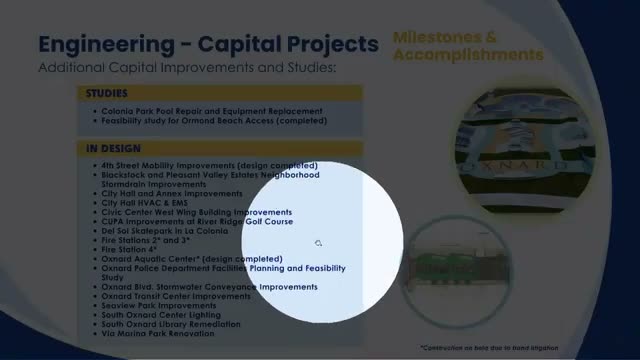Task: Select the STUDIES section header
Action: (x=107, y=94)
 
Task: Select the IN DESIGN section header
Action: (x=111, y=149)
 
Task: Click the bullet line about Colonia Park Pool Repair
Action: (x=211, y=110)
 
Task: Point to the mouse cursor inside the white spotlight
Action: (x=318, y=243)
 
